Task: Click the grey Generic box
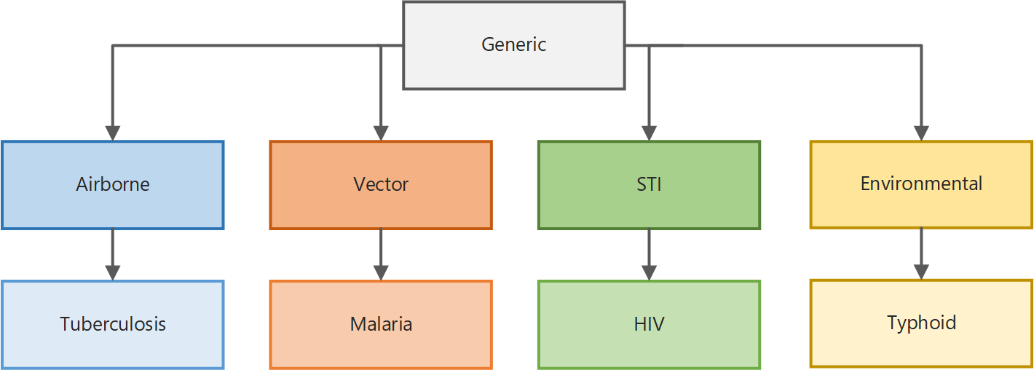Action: click(x=514, y=45)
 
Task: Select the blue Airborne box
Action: click(x=113, y=185)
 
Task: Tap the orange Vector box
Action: click(x=381, y=185)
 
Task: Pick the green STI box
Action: click(x=649, y=185)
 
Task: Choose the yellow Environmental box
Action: click(x=921, y=184)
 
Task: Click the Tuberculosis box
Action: click(x=113, y=324)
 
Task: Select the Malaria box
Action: click(x=381, y=324)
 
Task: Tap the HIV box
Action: click(x=649, y=324)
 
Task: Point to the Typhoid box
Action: click(x=921, y=323)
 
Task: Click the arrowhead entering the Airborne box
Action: click(x=113, y=133)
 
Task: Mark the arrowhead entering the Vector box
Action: click(x=381, y=133)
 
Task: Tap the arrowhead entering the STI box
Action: click(x=649, y=133)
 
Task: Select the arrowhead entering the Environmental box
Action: click(x=921, y=133)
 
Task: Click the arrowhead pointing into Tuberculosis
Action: click(x=113, y=273)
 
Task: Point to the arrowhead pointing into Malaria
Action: click(x=381, y=273)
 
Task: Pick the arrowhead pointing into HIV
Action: click(x=649, y=273)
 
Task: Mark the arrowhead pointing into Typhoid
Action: click(x=921, y=272)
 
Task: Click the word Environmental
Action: click(x=921, y=184)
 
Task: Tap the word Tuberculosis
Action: click(x=113, y=324)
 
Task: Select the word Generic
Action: click(x=514, y=44)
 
